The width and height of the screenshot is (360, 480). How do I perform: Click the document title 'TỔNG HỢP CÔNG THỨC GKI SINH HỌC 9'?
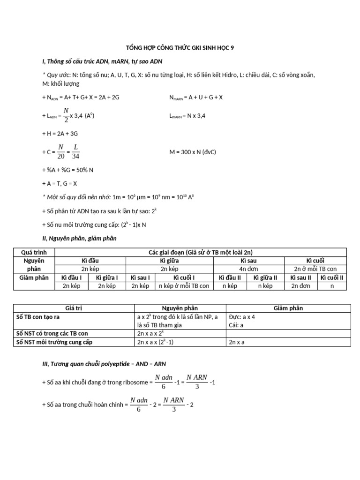[x=180, y=47]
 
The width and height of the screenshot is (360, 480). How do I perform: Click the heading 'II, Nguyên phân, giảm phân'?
[x=79, y=238]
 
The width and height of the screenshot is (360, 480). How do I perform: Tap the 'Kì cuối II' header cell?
[x=332, y=277]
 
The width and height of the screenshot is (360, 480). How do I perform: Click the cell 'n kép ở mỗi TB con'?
[x=184, y=286]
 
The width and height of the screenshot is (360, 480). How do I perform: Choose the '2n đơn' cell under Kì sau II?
[x=301, y=286]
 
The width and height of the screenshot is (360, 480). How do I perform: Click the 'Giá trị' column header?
[x=74, y=308]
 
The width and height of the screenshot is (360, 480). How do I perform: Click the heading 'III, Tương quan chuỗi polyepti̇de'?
[x=104, y=363]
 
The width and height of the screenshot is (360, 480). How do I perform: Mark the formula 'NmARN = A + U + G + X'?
[x=195, y=97]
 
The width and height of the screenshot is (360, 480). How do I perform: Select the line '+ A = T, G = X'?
[x=60, y=184]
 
